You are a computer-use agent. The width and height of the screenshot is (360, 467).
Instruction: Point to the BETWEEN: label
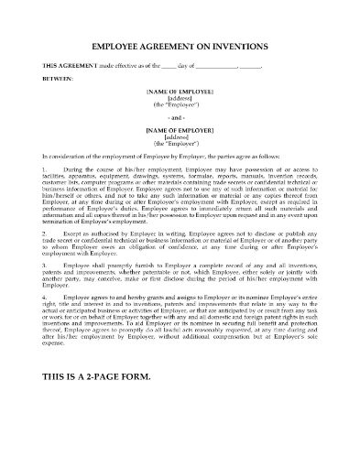tap(56, 80)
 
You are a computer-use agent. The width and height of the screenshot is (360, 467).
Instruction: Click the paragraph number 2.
tap(46, 234)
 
